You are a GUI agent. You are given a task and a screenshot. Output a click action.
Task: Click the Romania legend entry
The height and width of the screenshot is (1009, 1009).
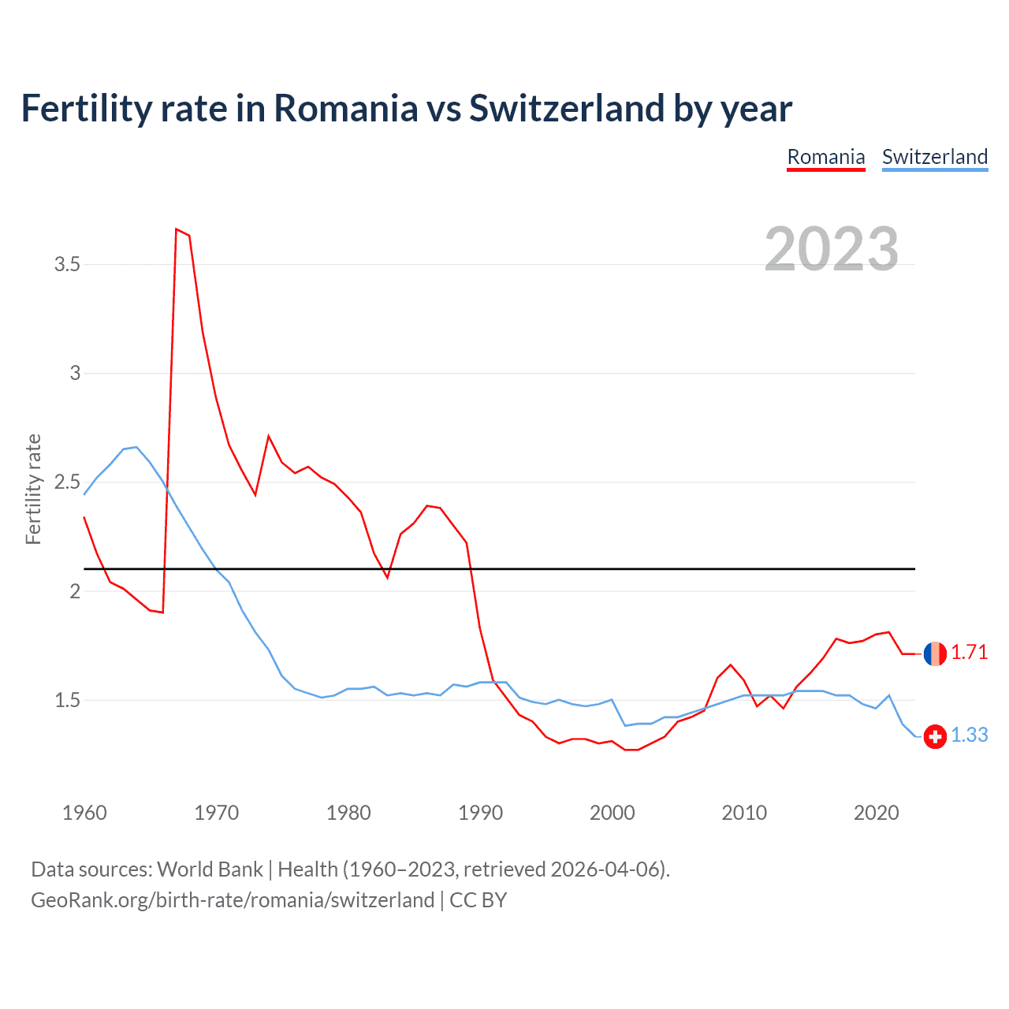(826, 157)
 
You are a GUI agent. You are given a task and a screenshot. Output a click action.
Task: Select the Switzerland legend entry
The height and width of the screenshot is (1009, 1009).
(934, 157)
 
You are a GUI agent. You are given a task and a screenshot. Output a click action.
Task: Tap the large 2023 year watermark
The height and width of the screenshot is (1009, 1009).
(832, 249)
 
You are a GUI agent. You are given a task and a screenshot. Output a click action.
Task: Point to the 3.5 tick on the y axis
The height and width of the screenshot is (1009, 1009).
(68, 264)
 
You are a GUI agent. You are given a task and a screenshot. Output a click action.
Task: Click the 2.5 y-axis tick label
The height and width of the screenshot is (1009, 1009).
(68, 482)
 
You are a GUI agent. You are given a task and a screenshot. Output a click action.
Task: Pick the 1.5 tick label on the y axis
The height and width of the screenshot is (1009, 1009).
(68, 700)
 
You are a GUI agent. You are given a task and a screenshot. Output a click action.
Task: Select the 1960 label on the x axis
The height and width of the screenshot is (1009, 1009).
(84, 813)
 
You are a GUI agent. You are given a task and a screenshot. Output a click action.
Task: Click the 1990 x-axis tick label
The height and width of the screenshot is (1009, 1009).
(480, 813)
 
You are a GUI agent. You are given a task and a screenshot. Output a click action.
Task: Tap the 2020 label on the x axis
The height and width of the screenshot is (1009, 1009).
(876, 813)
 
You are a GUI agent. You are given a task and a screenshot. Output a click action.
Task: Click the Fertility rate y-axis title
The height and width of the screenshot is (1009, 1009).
(33, 489)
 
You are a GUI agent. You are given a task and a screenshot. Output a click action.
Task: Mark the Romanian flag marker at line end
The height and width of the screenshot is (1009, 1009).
(935, 653)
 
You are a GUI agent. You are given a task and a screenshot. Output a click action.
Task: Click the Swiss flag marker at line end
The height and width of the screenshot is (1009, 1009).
(935, 736)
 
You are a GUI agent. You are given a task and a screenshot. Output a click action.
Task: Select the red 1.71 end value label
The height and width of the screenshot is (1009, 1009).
(969, 653)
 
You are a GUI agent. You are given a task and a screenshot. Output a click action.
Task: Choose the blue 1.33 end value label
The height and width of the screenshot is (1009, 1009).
(969, 735)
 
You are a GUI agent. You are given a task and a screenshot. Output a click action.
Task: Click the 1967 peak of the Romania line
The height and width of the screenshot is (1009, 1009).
(177, 229)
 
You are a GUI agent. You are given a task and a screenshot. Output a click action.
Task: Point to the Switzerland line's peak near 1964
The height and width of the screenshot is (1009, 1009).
(136, 447)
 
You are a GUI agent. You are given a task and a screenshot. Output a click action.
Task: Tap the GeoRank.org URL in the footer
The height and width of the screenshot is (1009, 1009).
(233, 900)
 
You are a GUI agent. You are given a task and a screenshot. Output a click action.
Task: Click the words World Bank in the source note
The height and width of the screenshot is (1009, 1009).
(210, 869)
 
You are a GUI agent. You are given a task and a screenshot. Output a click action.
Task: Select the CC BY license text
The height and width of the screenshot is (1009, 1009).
(478, 900)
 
